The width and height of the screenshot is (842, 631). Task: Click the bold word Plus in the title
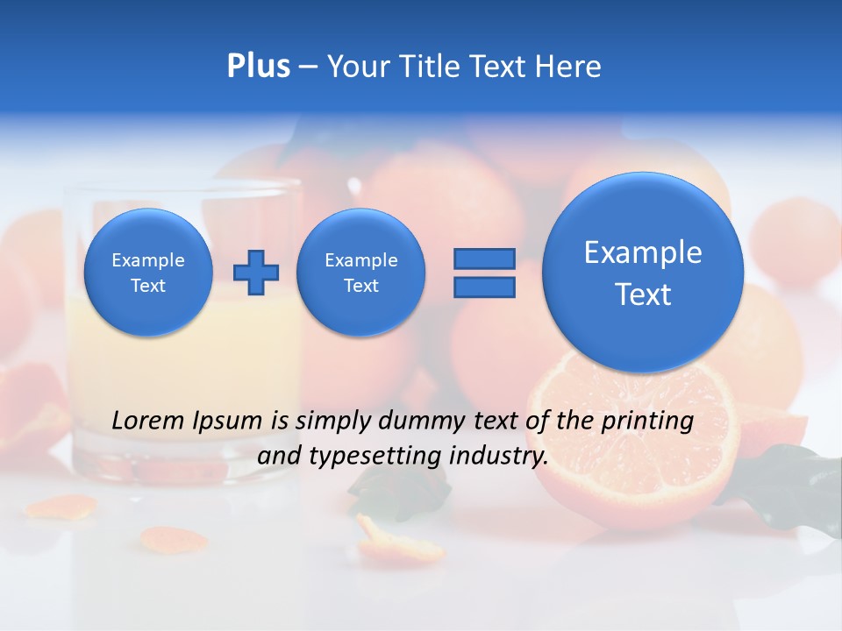(x=258, y=67)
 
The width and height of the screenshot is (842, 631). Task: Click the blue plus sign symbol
(x=256, y=273)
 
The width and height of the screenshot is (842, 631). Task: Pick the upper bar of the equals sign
(x=483, y=259)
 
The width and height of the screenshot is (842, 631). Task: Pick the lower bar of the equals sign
(x=483, y=287)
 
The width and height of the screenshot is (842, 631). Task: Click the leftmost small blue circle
(x=148, y=273)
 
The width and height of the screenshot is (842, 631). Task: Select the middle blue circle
(x=360, y=273)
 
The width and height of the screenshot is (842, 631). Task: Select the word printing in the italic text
(x=646, y=421)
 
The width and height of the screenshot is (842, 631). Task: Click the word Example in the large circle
(x=643, y=252)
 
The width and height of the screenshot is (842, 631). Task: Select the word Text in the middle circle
(x=360, y=286)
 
